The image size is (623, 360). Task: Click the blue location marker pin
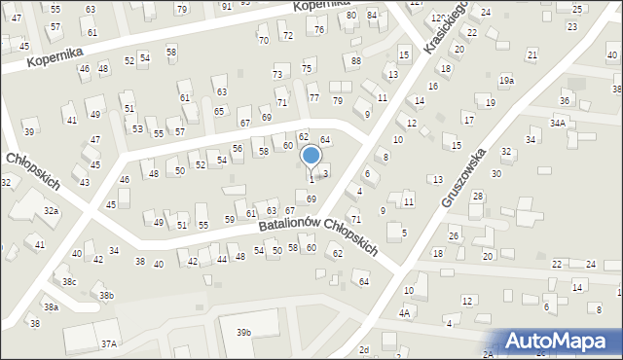point(311,156)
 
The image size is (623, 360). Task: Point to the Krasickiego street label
point(449,24)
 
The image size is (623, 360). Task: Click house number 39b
point(243,332)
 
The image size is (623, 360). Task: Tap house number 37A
point(109,343)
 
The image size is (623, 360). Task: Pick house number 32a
point(51,210)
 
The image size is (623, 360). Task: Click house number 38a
point(50,306)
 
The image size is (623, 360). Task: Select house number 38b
point(106,295)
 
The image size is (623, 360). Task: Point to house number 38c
point(69,281)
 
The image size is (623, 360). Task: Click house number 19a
point(506,80)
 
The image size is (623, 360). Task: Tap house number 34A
point(557,124)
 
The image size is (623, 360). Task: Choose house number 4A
point(404,313)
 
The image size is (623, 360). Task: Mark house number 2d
point(364,349)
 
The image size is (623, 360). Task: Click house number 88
point(356,60)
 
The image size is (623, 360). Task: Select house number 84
point(372,15)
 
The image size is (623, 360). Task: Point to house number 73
point(277,74)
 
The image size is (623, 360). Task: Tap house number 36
point(564,100)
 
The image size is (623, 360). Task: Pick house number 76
point(319,30)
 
